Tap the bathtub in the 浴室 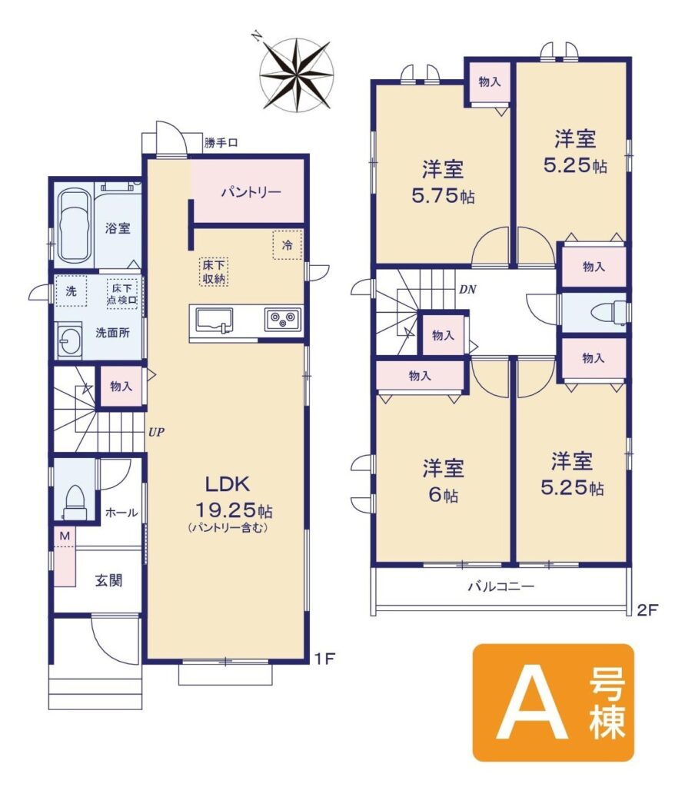pyautogui.click(x=74, y=227)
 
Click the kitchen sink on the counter pyautogui.click(x=214, y=320)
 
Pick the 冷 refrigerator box pyautogui.click(x=288, y=245)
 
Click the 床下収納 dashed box pyautogui.click(x=214, y=271)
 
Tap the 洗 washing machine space pyautogui.click(x=71, y=291)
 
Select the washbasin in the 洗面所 pyautogui.click(x=67, y=340)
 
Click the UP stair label pyautogui.click(x=156, y=432)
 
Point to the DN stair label pyautogui.click(x=467, y=290)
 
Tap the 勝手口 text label pyautogui.click(x=221, y=142)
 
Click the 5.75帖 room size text pyautogui.click(x=444, y=195)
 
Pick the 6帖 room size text pyautogui.click(x=444, y=496)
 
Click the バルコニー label pyautogui.click(x=501, y=586)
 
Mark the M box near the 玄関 pyautogui.click(x=65, y=536)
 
